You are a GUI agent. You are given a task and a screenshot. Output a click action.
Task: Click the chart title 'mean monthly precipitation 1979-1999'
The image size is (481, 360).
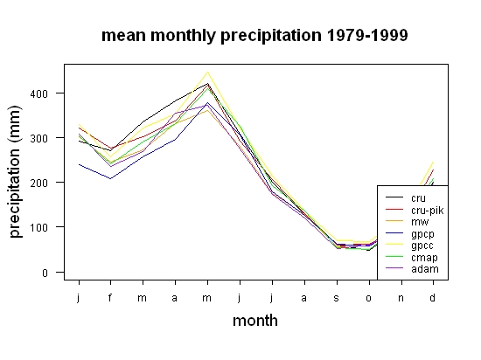pos(254,36)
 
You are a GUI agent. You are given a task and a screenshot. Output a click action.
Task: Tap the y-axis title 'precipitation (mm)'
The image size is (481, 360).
pos(15,171)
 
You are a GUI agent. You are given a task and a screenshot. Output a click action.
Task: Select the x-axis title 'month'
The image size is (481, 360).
pos(255,321)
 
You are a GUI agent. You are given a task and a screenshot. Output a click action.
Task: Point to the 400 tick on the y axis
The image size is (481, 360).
pos(39,93)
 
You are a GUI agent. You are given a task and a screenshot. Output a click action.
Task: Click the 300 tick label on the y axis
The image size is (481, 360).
pos(39,138)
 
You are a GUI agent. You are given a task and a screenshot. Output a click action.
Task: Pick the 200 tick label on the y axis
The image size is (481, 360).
pos(39,183)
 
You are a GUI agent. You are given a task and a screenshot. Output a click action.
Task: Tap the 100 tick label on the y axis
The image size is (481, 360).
pos(39,228)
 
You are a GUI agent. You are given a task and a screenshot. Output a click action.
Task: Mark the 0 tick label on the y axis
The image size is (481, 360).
pos(45,273)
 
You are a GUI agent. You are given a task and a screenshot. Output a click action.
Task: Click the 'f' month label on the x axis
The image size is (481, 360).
pos(110,297)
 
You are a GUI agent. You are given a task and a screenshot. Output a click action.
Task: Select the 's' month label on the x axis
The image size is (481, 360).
pos(337,298)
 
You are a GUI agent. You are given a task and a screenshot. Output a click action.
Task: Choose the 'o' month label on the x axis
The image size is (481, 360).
pos(369,298)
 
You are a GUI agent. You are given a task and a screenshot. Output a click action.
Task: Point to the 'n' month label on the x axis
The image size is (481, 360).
pos(401,298)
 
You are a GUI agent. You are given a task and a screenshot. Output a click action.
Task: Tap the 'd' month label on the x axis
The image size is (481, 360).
pos(433,297)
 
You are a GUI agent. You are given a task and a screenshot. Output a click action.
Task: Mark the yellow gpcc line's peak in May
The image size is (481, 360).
pos(207,73)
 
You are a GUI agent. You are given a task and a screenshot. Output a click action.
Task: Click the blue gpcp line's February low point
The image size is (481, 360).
pos(110,178)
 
